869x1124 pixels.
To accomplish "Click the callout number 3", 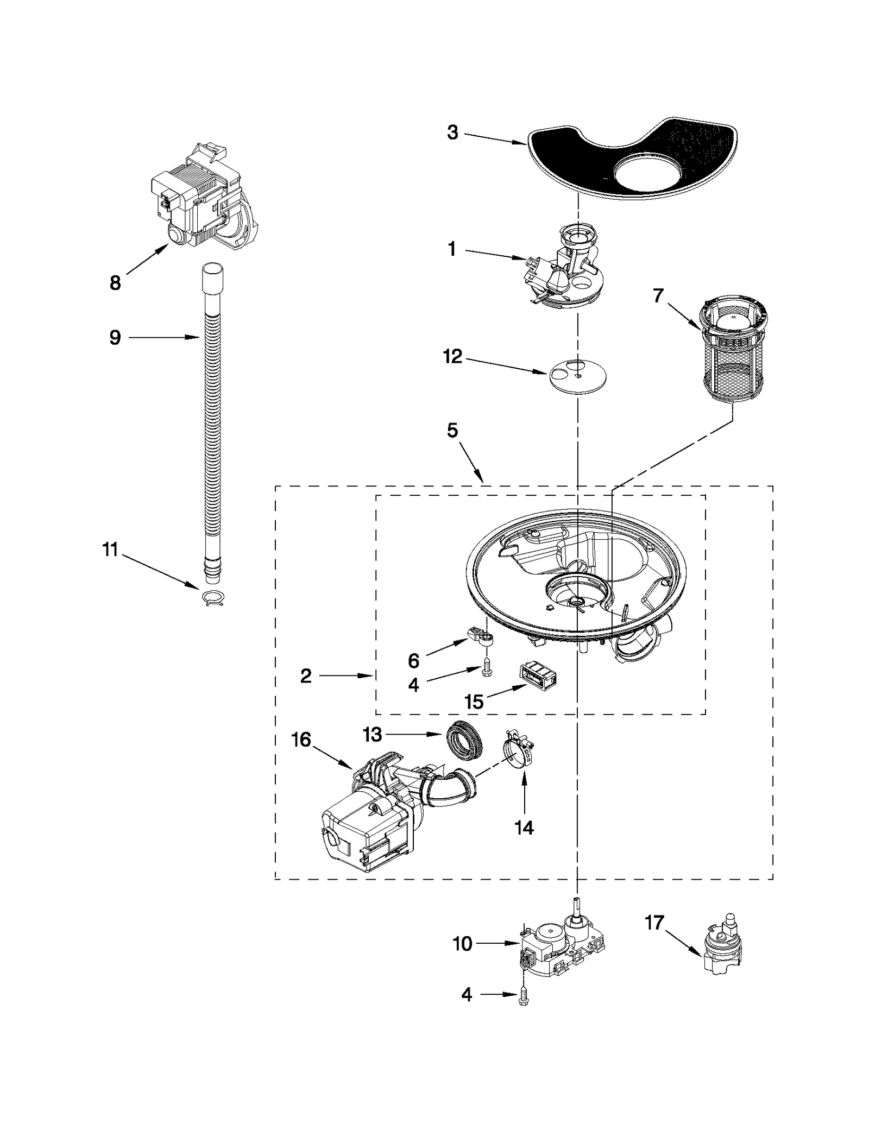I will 452,132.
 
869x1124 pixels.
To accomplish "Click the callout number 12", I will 452,357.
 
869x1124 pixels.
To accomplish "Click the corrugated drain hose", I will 212,434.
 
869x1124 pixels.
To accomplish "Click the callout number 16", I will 301,740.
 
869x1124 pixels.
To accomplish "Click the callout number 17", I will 654,922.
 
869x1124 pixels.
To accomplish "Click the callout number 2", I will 306,676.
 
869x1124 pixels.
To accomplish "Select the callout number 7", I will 658,296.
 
